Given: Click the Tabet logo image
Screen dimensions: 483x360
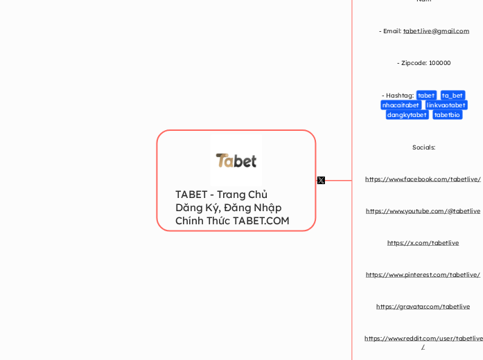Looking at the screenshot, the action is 236,161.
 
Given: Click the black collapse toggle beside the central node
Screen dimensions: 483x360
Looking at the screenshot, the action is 321,180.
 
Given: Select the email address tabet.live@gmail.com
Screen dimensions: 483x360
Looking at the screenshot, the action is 436,31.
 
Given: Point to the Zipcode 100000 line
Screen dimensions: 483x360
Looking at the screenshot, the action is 423,63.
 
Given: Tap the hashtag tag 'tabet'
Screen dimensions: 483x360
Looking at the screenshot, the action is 426,96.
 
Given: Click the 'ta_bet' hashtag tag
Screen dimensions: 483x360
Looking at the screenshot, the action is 453,96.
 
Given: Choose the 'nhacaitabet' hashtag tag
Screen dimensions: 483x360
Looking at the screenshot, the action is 401,105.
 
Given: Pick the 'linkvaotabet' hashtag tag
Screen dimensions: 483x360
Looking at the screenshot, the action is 446,105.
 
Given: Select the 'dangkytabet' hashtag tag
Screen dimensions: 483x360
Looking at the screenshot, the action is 407,115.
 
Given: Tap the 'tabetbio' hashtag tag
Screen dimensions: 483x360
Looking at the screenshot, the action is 447,115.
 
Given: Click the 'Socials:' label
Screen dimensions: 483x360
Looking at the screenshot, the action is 423,147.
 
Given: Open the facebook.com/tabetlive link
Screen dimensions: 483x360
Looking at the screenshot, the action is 423,179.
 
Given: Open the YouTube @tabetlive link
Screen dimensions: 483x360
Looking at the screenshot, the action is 423,211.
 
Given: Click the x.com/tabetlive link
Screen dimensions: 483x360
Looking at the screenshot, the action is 423,243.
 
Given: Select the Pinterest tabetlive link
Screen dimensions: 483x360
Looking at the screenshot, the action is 423,275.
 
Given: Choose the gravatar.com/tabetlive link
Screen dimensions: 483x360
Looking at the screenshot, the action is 423,307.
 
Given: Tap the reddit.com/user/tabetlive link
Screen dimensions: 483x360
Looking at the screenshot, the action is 423,339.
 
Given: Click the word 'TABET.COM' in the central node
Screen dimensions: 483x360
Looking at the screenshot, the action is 261,221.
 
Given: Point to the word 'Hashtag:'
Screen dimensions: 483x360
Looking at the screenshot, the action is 400,96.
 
